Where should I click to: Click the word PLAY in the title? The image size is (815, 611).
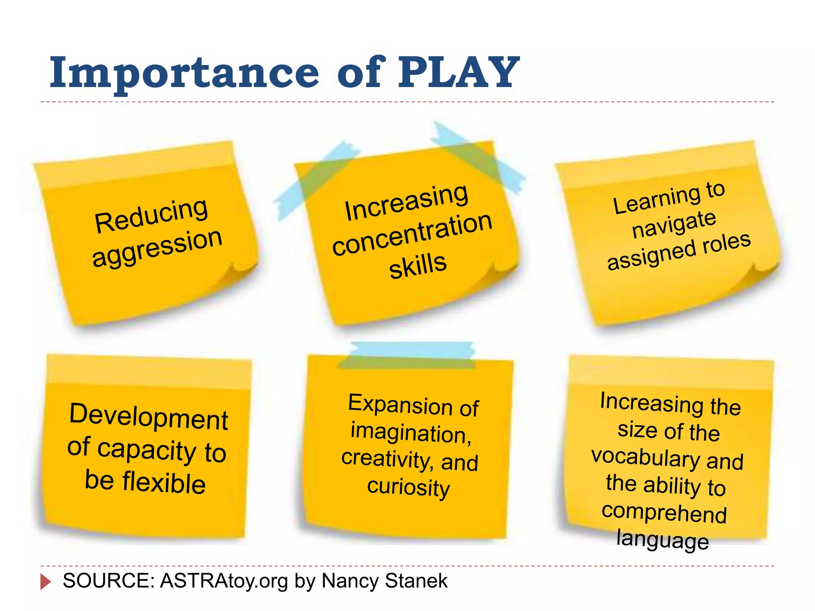(458, 72)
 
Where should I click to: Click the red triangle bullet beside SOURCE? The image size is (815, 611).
(45, 582)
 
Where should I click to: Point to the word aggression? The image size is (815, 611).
(157, 247)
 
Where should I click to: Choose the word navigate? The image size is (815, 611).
(674, 224)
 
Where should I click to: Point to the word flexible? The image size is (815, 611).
(164, 482)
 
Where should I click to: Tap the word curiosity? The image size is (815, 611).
(408, 487)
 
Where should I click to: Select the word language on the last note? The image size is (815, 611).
(663, 540)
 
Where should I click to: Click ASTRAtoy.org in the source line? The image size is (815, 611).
(224, 581)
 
